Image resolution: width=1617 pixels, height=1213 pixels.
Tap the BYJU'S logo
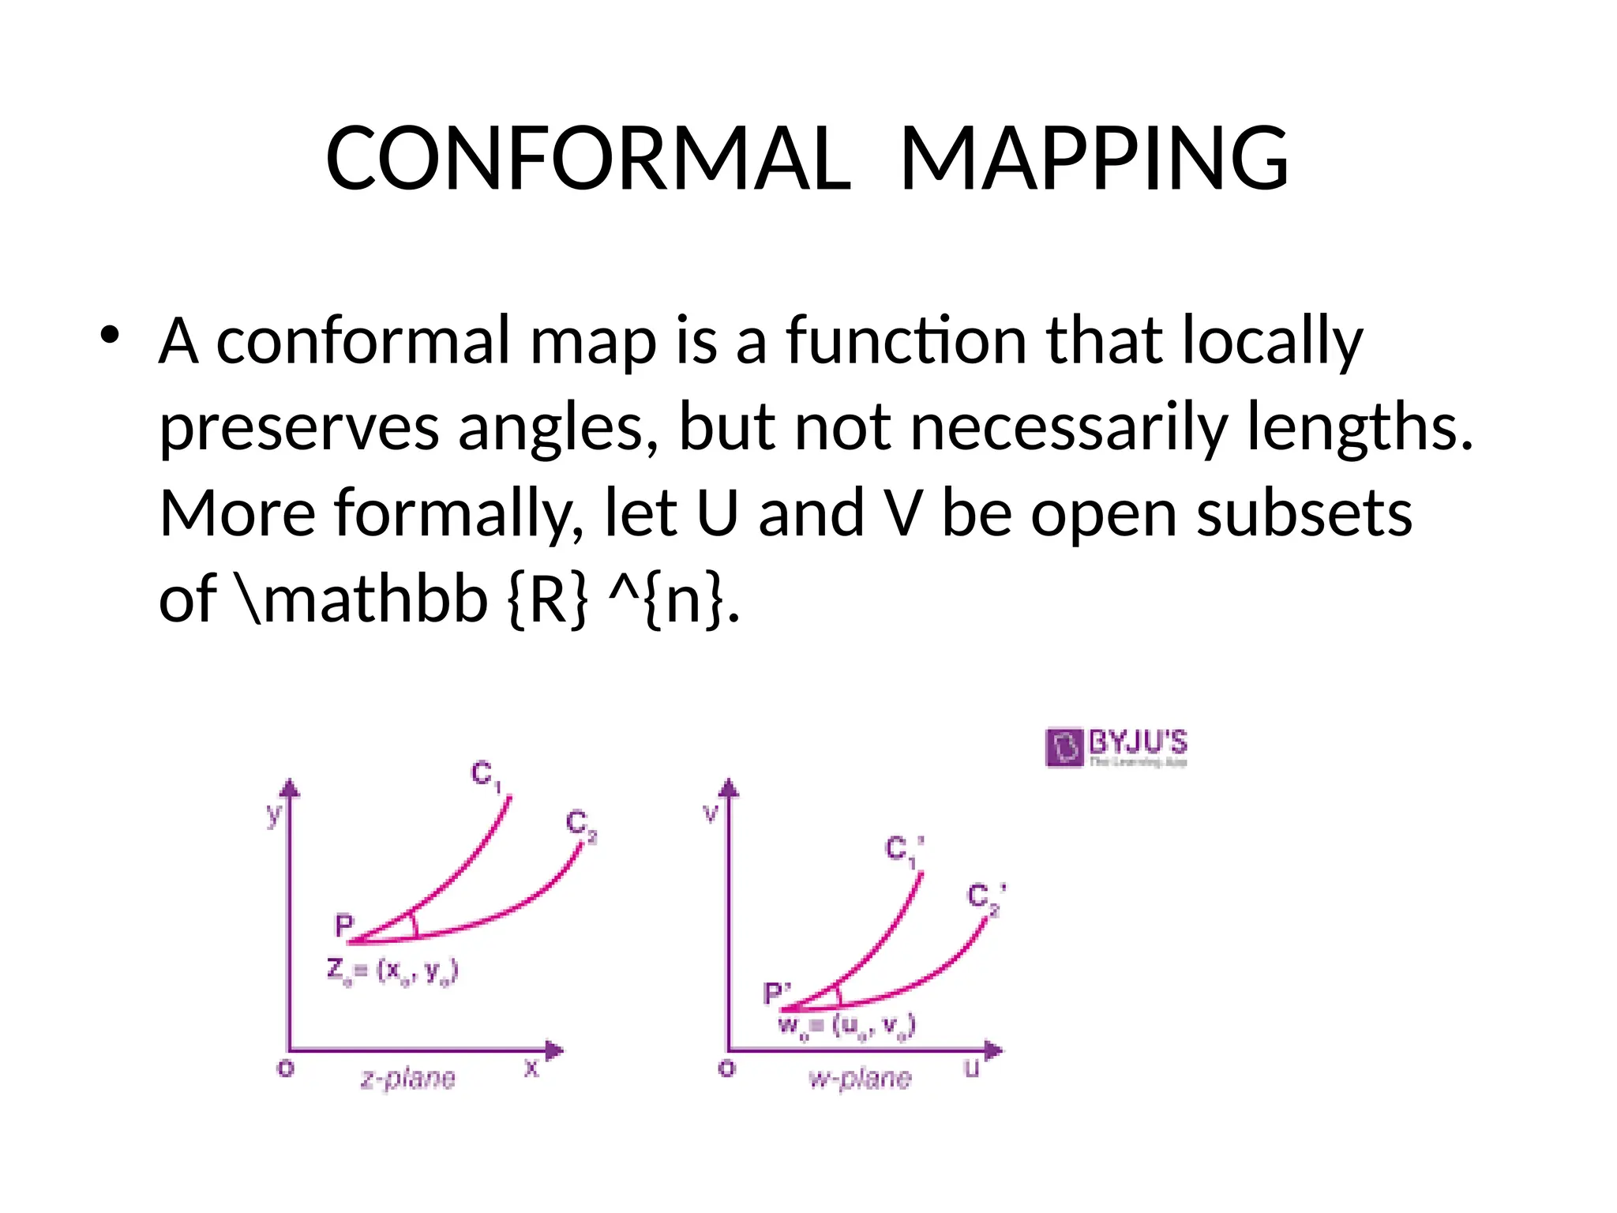1116,747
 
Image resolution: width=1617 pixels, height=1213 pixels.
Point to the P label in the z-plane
344,925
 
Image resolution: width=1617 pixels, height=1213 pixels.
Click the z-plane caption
407,1078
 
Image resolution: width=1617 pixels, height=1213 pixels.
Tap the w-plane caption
860,1078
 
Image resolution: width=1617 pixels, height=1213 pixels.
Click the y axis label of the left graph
273,813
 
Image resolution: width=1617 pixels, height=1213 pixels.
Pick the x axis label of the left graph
531,1068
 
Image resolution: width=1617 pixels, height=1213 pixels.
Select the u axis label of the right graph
972,1068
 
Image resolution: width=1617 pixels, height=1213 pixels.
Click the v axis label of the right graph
711,813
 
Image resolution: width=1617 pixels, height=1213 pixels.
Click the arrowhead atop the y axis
291,787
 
